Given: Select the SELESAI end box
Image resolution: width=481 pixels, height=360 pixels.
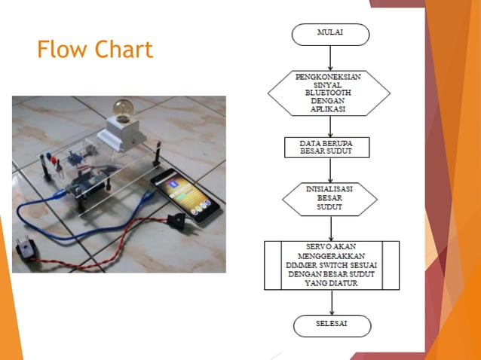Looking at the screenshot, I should pyautogui.click(x=332, y=325).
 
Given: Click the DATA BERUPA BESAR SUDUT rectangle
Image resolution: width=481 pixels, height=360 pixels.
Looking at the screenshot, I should pyautogui.click(x=327, y=147).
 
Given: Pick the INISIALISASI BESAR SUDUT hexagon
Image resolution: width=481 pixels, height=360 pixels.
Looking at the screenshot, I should pyautogui.click(x=330, y=198).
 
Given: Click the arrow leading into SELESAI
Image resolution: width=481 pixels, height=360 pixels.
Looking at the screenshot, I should pyautogui.click(x=332, y=302).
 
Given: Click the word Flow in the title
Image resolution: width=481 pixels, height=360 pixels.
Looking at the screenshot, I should pyautogui.click(x=61, y=50).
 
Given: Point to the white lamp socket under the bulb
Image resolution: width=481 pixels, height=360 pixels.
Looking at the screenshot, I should pyautogui.click(x=122, y=133).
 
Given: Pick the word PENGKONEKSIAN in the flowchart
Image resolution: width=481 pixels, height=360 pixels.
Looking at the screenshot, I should pyautogui.click(x=329, y=76).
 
